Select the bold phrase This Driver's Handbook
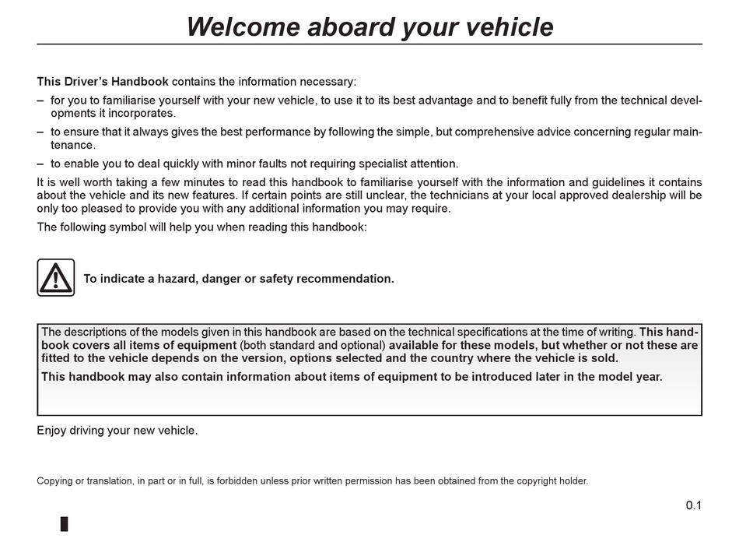click(103, 81)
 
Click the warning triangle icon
click(56, 278)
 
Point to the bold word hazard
click(170, 279)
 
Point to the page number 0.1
click(693, 506)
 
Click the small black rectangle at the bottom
click(65, 523)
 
